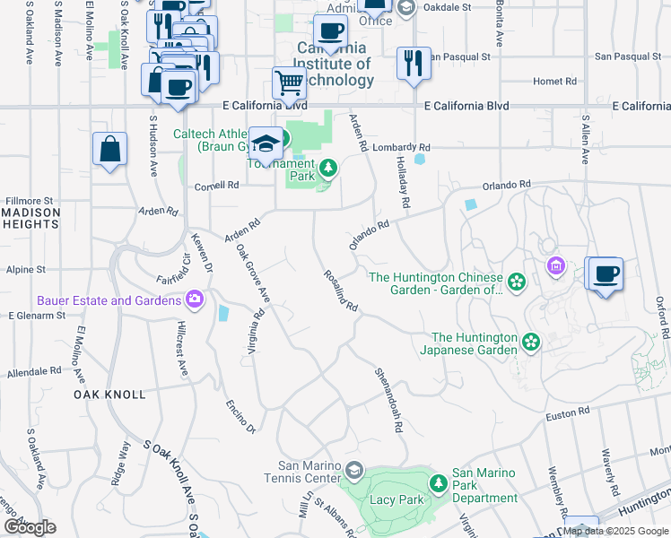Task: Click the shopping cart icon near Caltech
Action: [x=289, y=82]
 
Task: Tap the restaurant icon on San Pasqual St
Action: [x=414, y=63]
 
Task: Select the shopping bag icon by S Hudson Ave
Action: [x=109, y=149]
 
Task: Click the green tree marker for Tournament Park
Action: [x=328, y=167]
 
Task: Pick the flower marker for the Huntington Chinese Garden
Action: [x=517, y=282]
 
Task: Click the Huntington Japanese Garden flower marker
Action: [x=531, y=342]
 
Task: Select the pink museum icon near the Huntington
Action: [x=556, y=265]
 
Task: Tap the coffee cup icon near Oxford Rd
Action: [x=606, y=273]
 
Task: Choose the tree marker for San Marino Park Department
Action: [x=439, y=484]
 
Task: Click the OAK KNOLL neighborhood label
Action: [x=109, y=395]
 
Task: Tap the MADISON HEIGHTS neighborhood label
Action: [x=30, y=218]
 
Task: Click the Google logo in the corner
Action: [x=29, y=527]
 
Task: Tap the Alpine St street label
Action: [x=26, y=269]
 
